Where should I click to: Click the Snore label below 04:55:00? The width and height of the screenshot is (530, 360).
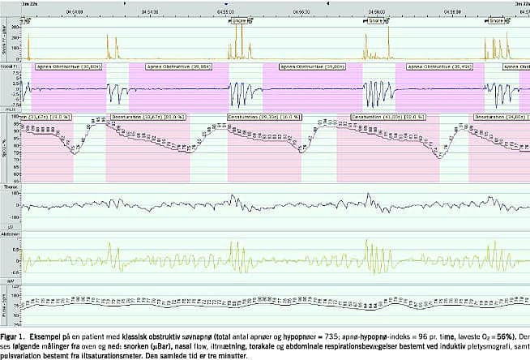(239, 21)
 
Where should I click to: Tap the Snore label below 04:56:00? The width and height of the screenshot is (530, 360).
(377, 21)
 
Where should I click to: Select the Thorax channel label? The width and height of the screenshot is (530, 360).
(10, 187)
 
